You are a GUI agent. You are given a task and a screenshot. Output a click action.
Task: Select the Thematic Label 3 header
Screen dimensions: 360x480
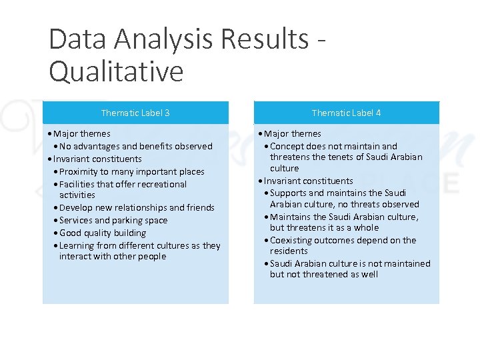(x=135, y=113)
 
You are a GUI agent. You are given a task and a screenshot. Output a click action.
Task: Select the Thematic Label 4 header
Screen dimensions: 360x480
(x=346, y=113)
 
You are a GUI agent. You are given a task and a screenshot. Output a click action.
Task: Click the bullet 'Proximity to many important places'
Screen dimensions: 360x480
(x=131, y=171)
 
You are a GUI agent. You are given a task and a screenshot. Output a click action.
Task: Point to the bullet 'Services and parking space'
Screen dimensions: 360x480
(x=113, y=220)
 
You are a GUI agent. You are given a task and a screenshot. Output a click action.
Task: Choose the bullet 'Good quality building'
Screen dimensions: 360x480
(x=103, y=233)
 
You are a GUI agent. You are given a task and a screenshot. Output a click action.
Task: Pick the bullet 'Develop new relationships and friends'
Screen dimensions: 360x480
(x=137, y=207)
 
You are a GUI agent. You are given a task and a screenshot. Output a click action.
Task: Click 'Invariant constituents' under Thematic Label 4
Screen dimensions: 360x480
(x=308, y=181)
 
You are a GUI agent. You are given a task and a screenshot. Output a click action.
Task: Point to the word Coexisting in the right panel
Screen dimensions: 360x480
(x=291, y=240)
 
